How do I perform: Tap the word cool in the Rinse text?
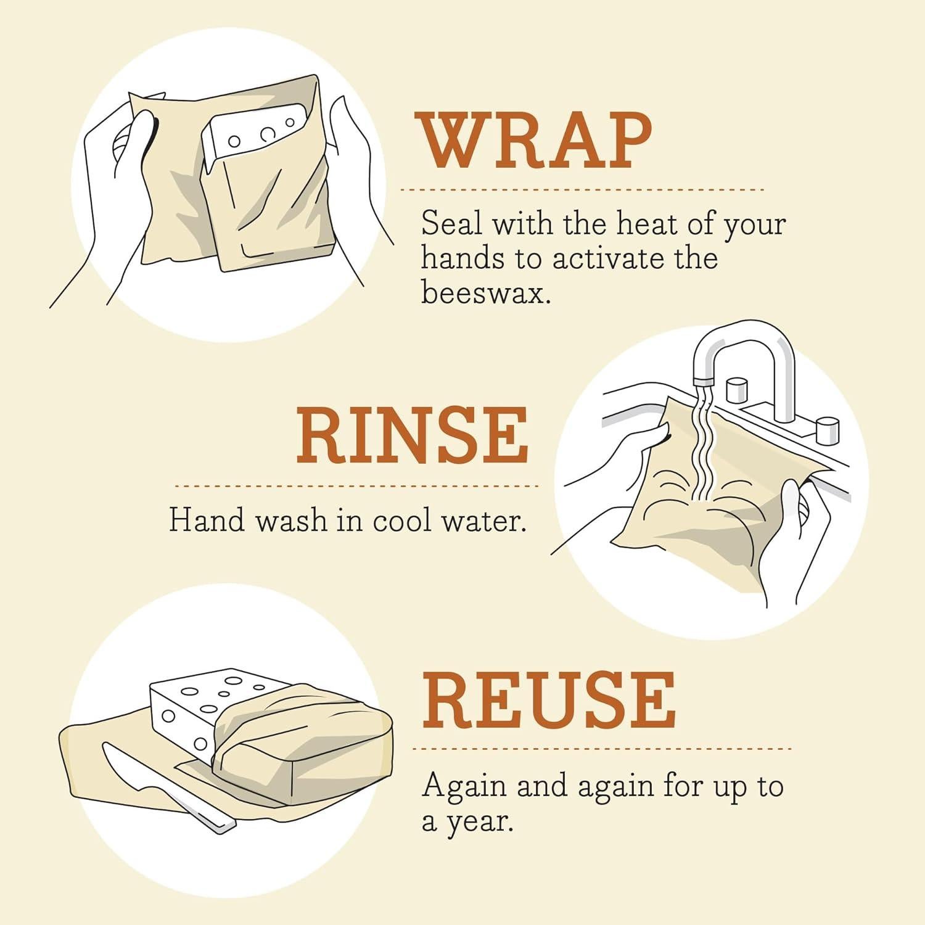[401, 521]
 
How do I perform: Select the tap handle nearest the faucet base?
[737, 390]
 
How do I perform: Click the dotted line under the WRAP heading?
[582, 190]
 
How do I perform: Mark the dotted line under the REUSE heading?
[601, 749]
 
